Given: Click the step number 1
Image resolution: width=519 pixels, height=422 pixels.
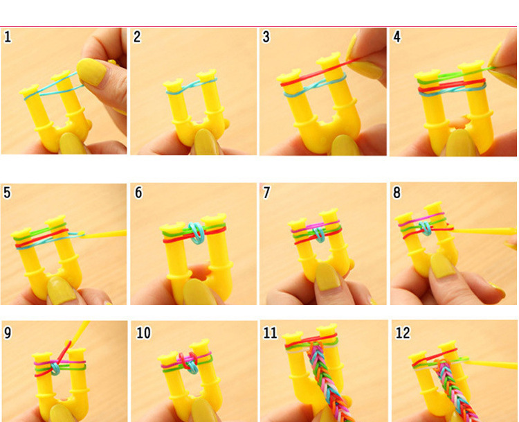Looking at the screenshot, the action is click(x=8, y=37).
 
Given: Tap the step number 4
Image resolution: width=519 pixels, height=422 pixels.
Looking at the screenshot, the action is click(x=397, y=37).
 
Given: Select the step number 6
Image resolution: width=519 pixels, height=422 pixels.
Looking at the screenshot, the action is click(x=138, y=193).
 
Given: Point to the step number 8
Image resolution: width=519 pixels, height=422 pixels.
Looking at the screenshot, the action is click(x=397, y=193).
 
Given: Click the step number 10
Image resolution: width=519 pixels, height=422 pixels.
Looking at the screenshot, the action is click(x=143, y=333).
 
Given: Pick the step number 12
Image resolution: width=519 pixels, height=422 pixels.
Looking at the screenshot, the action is click(x=403, y=333).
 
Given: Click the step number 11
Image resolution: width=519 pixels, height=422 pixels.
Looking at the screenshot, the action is click(x=270, y=333).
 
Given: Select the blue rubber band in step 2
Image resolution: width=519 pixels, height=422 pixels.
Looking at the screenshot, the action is click(x=191, y=86).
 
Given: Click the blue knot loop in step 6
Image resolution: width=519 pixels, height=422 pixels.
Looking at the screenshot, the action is click(x=197, y=234).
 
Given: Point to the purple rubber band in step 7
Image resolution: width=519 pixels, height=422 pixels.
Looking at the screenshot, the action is click(x=316, y=227).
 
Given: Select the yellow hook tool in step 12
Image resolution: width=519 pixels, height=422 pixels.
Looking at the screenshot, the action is click(x=491, y=364).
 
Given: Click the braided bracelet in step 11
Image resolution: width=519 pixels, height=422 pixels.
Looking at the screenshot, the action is click(x=328, y=381).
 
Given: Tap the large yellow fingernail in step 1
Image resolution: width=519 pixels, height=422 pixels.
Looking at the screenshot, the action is click(x=91, y=72).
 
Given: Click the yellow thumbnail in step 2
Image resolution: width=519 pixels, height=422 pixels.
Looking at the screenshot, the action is click(x=205, y=142).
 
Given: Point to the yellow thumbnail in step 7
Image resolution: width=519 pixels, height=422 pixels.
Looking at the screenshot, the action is click(x=328, y=277).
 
